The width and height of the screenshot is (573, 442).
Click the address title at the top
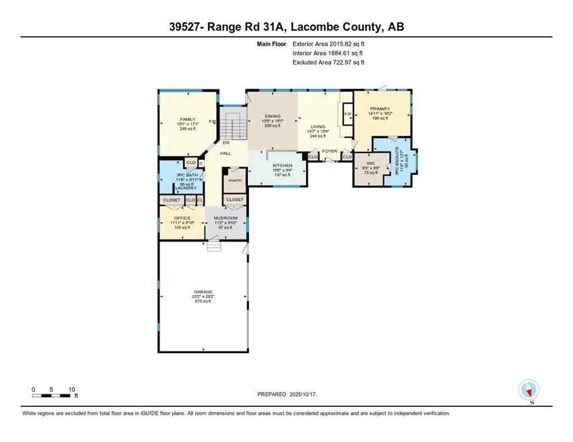coord(286,27)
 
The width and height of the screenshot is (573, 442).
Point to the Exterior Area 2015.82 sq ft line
coord(329,43)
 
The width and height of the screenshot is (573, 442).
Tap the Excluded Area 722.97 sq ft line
coord(329,62)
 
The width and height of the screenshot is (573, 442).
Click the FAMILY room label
coord(187,119)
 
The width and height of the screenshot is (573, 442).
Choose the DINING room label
coord(272,116)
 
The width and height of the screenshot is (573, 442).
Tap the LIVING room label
coord(318,127)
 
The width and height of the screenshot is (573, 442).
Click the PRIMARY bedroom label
coord(380,109)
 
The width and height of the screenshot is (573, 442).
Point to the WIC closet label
coord(371,163)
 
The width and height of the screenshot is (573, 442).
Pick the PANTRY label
coord(234,180)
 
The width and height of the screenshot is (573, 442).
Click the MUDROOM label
coord(225,218)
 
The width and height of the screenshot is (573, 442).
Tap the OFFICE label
coord(182,218)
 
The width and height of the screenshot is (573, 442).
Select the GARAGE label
coord(202,292)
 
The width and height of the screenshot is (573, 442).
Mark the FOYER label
coord(329,151)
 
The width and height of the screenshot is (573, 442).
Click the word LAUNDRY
coord(186,188)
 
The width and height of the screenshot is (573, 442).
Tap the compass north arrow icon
coord(529,390)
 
